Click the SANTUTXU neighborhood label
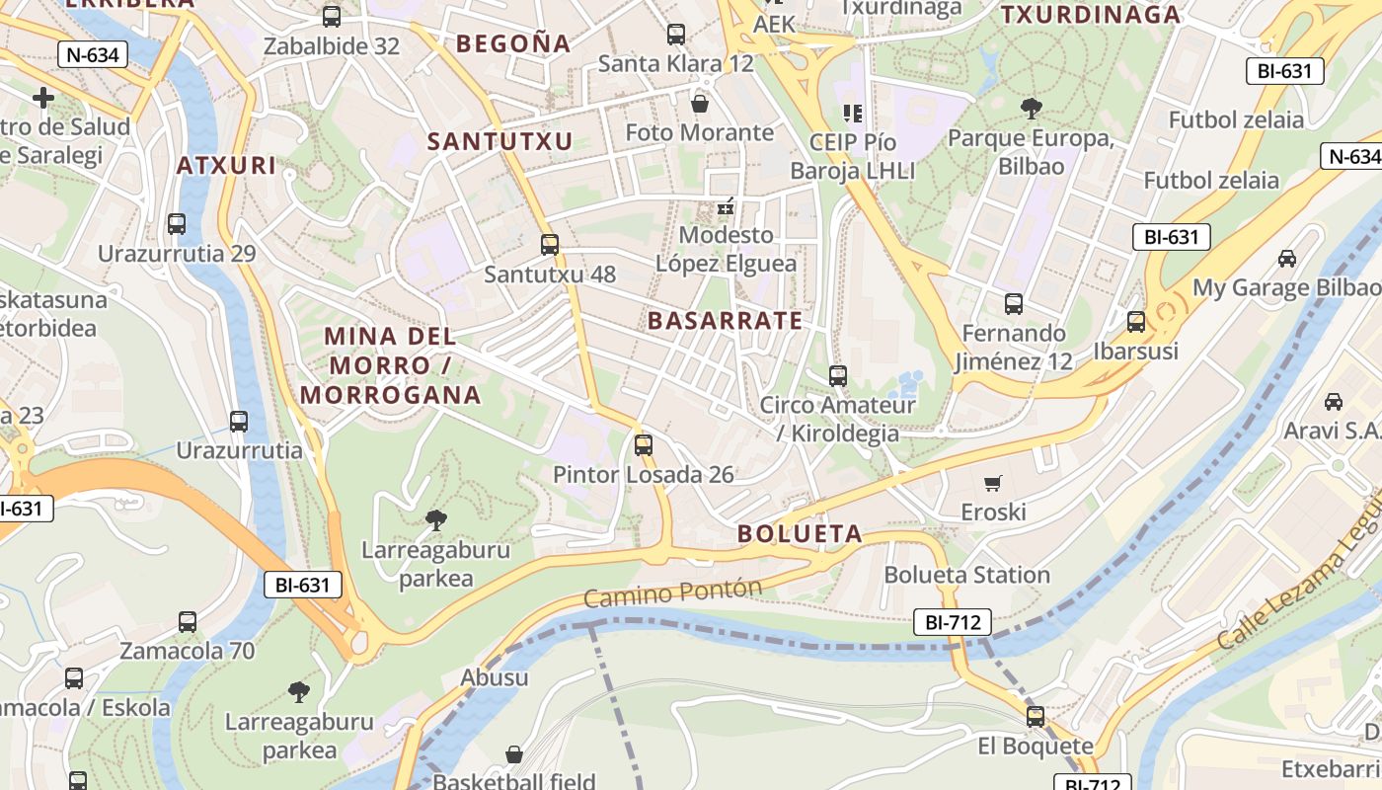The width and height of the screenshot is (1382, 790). (499, 141)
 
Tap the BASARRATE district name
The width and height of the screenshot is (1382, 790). (725, 321)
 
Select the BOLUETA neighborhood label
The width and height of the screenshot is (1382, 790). (800, 534)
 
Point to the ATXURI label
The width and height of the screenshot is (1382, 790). (226, 165)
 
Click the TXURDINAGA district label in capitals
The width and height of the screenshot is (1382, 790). (1091, 15)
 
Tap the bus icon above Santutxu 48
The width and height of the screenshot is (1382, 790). (550, 244)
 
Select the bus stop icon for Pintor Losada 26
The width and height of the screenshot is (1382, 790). (644, 444)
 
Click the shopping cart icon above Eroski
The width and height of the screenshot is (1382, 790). (993, 483)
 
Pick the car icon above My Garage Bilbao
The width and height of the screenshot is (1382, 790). (1287, 259)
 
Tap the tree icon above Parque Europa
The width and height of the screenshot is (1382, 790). (1031, 108)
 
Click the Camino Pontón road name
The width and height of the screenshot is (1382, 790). (672, 593)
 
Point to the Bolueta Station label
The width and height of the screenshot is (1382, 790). (966, 575)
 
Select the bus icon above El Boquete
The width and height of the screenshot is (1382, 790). (1036, 716)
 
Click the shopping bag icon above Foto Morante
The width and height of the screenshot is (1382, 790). (700, 103)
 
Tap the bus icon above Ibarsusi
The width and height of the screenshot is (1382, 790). (1136, 321)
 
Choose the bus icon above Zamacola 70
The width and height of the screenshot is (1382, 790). (188, 622)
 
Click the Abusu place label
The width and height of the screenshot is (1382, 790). (495, 678)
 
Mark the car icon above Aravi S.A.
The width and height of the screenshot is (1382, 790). (1334, 402)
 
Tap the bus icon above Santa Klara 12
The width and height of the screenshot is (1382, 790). (676, 35)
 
